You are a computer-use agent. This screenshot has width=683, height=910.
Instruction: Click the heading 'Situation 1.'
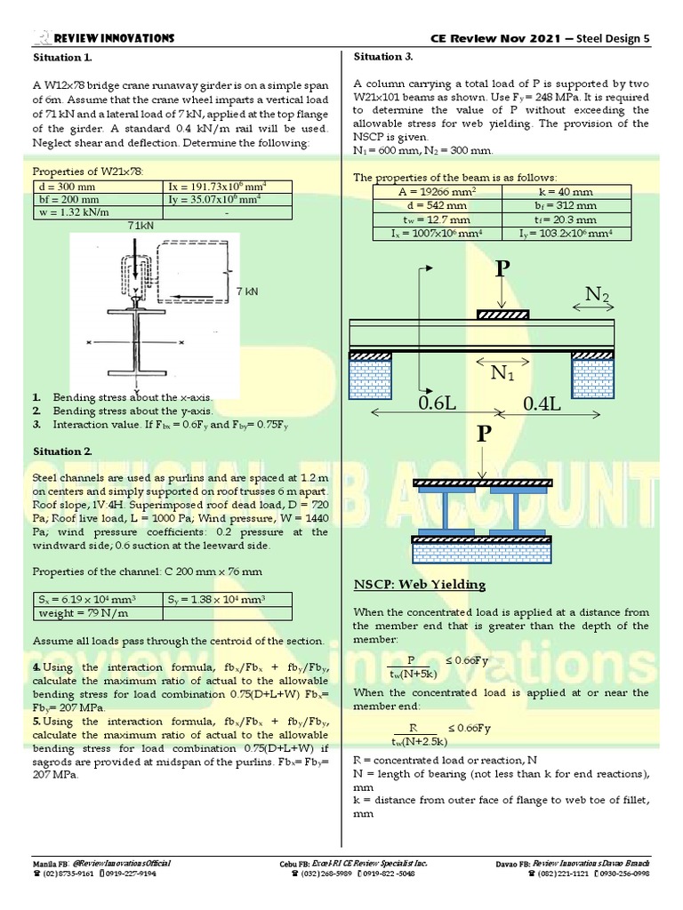pyautogui.click(x=62, y=57)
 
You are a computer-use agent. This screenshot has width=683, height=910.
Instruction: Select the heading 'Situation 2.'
pyautogui.click(x=62, y=451)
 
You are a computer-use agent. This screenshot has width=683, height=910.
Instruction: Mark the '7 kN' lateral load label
pyautogui.click(x=247, y=291)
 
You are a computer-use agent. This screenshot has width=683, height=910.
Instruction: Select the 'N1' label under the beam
pyautogui.click(x=503, y=373)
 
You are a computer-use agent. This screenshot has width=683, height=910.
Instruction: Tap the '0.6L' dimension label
pyautogui.click(x=438, y=404)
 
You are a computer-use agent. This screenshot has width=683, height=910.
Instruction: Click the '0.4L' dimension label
pyautogui.click(x=543, y=404)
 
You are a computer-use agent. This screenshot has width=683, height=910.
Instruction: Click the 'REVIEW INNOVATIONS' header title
pyautogui.click(x=114, y=37)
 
